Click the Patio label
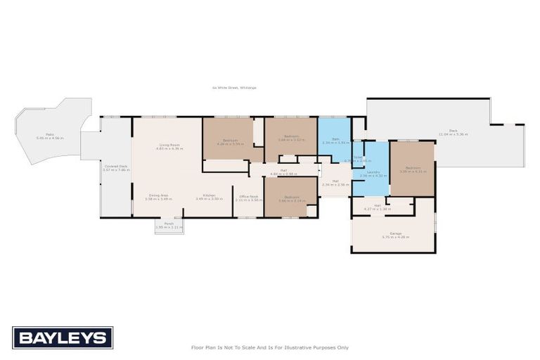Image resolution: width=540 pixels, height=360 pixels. point(50,136)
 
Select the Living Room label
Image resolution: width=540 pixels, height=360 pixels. point(169,146)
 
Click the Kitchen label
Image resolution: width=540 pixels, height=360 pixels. point(209,197)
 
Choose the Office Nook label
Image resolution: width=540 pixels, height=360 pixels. point(248,198)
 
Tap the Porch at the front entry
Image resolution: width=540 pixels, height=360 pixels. point(169,226)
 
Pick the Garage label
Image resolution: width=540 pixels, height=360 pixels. point(396,235)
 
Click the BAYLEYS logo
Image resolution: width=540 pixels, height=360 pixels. point(63,337)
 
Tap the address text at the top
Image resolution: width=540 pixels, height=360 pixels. point(234,88)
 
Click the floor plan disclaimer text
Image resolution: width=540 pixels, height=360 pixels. point(270,347)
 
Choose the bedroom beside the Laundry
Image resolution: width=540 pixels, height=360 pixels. point(412,169)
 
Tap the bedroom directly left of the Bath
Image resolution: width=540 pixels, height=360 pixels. point(290,138)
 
